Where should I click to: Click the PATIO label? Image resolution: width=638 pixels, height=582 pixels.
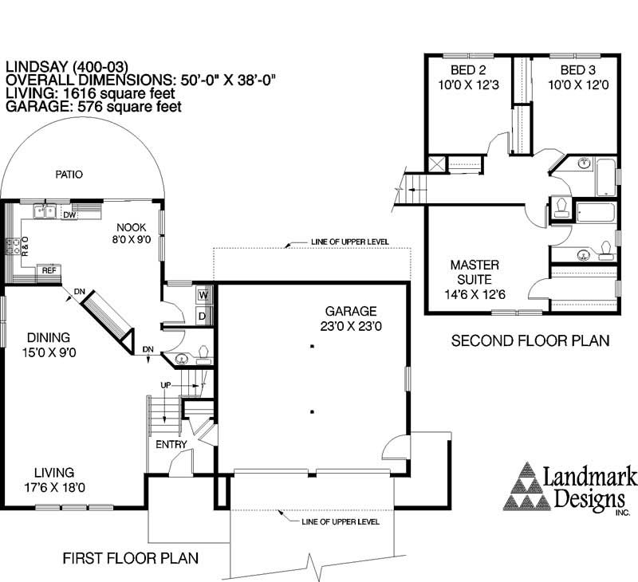[x=69, y=175]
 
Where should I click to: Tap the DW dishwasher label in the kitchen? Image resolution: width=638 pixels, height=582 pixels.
[x=69, y=215]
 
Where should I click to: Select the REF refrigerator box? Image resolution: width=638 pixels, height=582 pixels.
[x=49, y=270]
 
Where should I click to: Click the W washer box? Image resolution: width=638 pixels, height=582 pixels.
[x=203, y=295]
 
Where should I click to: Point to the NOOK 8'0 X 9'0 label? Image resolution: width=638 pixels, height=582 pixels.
[x=132, y=233]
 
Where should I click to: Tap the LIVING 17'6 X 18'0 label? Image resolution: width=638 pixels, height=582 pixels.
[x=54, y=480]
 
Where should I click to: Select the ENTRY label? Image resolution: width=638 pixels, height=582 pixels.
[x=171, y=445]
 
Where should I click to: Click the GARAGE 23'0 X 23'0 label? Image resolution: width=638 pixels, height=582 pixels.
[x=351, y=318]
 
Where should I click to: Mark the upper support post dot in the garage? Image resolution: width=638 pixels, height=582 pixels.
[x=312, y=347]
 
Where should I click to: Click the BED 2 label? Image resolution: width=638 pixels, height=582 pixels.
[x=468, y=70]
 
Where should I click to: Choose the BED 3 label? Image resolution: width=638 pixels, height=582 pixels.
[x=577, y=70]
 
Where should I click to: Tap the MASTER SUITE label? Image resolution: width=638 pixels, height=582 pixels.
[x=475, y=272]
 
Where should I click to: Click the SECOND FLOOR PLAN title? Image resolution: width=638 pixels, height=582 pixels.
[x=530, y=340]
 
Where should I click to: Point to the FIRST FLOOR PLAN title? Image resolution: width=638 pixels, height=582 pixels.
[x=131, y=558]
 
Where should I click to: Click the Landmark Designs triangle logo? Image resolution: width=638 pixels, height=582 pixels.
[x=527, y=486]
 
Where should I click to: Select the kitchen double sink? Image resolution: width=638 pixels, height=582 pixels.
[x=45, y=211]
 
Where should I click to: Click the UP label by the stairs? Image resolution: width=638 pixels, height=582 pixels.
[x=166, y=385]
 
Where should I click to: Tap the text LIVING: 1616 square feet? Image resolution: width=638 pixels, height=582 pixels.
[x=90, y=93]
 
